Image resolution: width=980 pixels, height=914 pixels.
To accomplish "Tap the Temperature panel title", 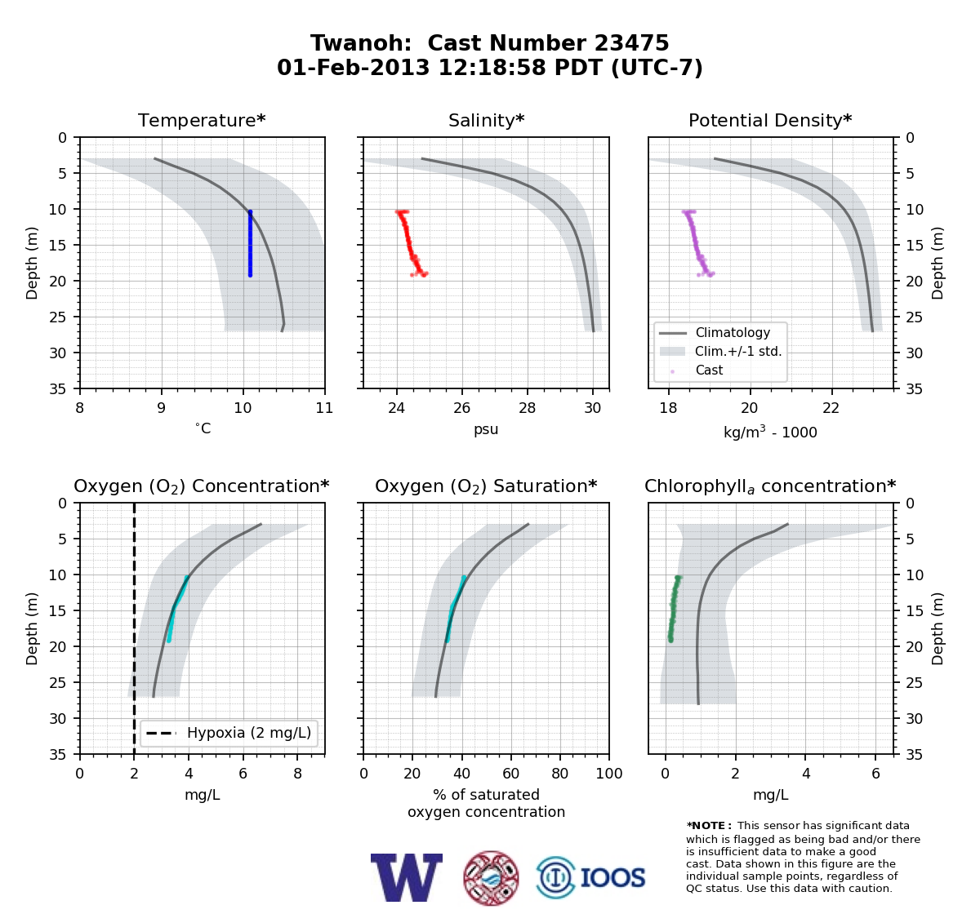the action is coord(202,120).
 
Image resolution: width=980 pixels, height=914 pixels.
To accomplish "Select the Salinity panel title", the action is coord(486,120).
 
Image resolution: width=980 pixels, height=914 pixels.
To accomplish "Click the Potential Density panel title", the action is coord(770,120).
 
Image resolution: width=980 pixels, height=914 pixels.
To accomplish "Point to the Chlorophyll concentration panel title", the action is coord(770,486).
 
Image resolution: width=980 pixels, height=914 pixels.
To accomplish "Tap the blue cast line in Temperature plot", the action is coord(250,243).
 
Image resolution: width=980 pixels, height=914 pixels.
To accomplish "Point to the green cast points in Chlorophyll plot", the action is coord(674,609).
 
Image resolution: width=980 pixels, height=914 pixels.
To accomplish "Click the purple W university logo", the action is coord(407,878).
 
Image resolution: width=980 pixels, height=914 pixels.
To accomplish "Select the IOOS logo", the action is coord(590,878).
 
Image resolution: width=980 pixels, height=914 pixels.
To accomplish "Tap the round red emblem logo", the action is coord(491,878).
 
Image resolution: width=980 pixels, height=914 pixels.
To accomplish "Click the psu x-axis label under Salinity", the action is coord(486,429).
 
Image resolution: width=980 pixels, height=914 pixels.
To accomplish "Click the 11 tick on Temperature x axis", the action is coord(324,408).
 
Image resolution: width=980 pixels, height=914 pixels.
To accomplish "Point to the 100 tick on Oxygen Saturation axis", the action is coord(609,774).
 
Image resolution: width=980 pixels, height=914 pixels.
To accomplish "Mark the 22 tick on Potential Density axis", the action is coord(831,408).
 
